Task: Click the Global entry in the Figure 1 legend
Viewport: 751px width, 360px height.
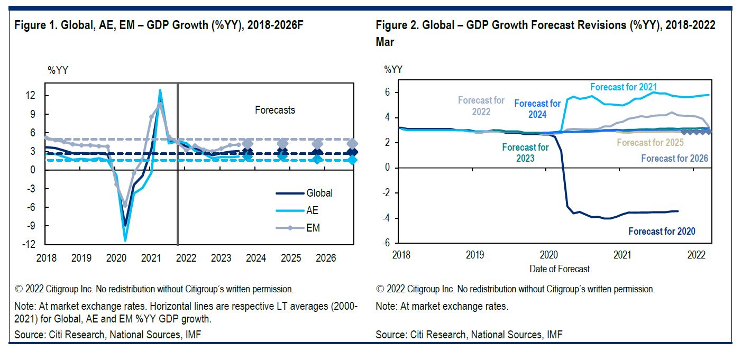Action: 319,193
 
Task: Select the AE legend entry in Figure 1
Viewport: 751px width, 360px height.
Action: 312,210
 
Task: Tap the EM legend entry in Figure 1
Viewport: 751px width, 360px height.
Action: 313,228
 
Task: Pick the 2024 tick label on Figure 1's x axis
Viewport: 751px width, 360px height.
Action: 256,258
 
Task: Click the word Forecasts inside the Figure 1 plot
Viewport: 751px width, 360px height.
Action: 274,110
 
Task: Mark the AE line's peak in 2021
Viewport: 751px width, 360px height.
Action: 160,90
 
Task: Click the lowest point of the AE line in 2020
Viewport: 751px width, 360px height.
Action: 125,241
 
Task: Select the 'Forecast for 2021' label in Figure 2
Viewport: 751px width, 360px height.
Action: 624,87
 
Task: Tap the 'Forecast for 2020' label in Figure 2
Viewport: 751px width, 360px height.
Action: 662,231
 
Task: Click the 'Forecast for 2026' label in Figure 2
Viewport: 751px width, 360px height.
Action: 674,158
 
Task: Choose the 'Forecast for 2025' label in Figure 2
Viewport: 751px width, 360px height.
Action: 650,142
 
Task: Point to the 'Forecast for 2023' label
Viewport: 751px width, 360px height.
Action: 525,153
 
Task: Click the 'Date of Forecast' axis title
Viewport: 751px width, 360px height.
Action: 560,269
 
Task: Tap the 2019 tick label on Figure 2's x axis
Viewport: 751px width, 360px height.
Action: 475,254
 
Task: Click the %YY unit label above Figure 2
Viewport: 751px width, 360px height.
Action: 394,69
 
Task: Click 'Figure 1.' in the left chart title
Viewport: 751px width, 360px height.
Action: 34,25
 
